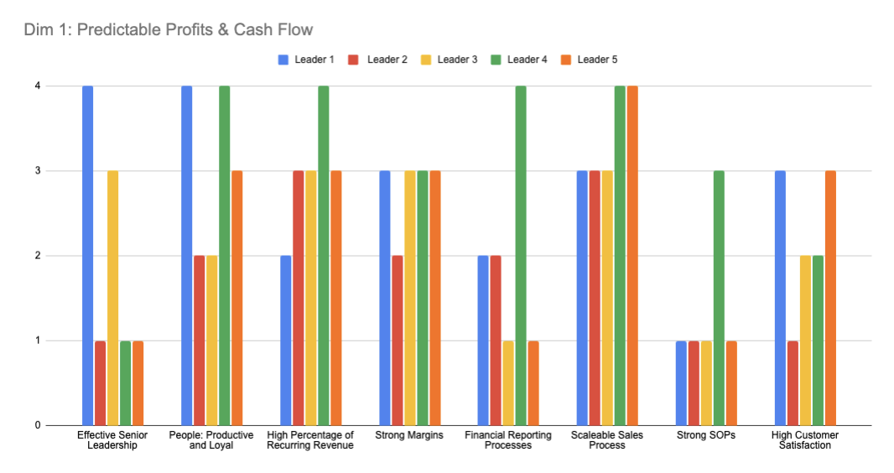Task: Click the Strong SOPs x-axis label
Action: tap(706, 435)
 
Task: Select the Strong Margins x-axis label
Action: tap(409, 435)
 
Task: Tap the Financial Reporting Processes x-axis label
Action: tap(508, 440)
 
